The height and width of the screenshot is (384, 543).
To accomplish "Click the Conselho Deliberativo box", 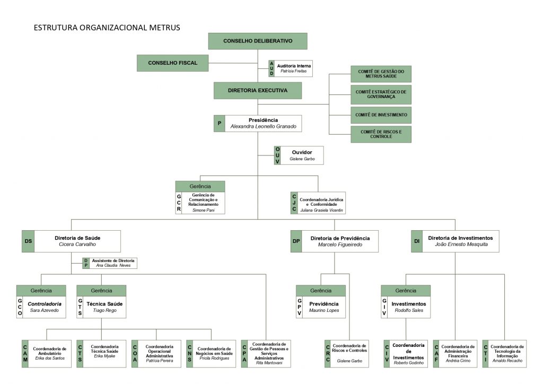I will (258, 41).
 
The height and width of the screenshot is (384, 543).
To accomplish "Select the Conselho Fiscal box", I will (172, 63).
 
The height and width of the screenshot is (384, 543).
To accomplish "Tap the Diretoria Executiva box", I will (258, 91).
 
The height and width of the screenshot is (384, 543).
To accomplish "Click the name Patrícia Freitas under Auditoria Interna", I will (293, 71).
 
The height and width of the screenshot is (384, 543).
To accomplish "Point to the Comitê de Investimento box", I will (381, 115).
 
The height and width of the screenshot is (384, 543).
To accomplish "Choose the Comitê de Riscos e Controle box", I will (381, 134).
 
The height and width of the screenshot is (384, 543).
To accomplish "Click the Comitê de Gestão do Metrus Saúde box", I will (381, 74).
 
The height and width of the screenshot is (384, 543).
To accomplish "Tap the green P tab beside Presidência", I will (220, 123).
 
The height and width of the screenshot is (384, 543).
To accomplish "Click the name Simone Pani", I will (204, 210).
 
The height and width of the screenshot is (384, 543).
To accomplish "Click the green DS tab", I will (28, 241).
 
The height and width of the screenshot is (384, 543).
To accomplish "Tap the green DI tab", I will (417, 241).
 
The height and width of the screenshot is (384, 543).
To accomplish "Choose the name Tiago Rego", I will (104, 310).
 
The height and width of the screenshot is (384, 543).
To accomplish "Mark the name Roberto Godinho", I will (408, 363).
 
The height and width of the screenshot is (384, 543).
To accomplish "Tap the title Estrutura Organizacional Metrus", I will (107, 27).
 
